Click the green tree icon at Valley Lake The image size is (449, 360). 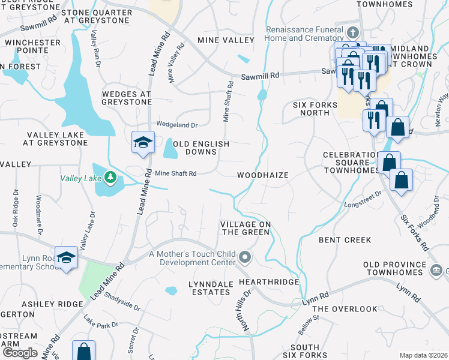[x=110, y=177]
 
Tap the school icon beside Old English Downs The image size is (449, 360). [x=142, y=142]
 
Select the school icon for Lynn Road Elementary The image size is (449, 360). [x=67, y=257]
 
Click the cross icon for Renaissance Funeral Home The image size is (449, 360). [x=354, y=32]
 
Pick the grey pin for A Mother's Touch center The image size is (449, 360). [x=244, y=258]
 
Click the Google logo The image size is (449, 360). [x=20, y=353]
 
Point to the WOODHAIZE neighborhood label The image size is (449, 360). [x=263, y=175]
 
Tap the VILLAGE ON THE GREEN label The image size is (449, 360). [x=246, y=228]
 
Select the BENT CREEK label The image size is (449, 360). [x=345, y=240]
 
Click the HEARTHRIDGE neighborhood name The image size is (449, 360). [x=269, y=281]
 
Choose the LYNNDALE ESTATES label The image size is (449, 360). [x=200, y=287]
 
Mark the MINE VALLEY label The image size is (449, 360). [x=226, y=40]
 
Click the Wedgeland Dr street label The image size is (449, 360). [x=176, y=125]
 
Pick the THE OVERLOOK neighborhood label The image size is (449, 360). [x=345, y=309]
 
